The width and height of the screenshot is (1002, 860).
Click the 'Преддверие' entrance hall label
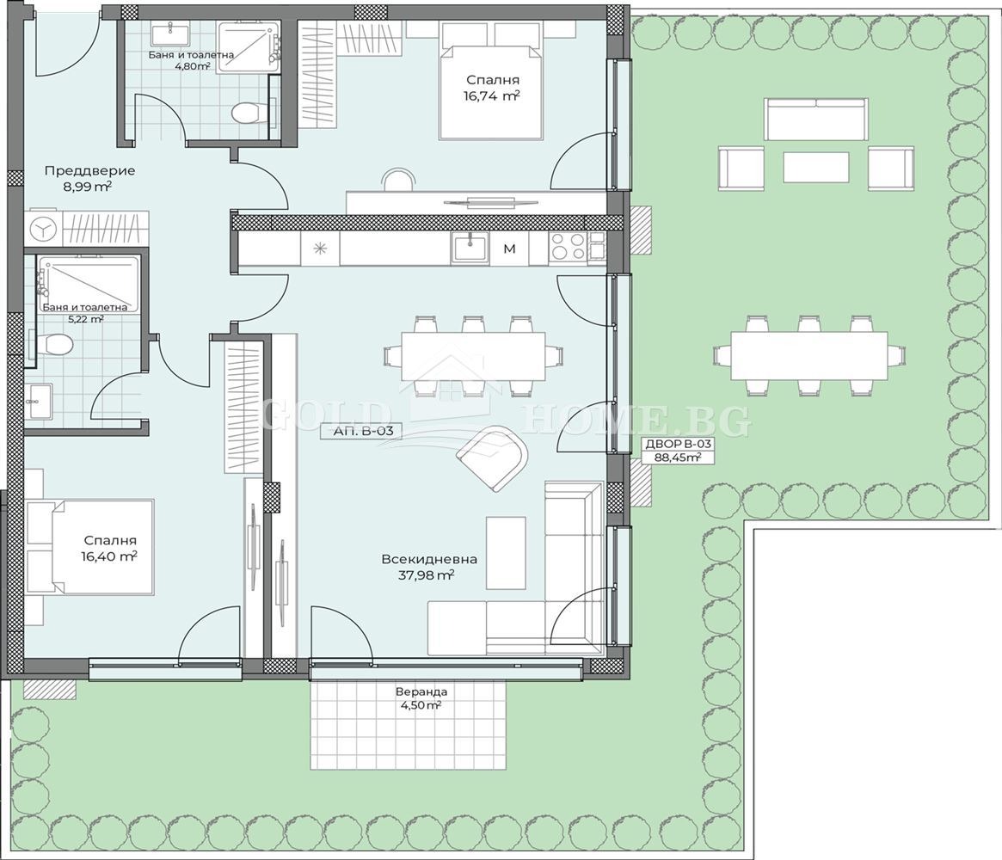[89, 170]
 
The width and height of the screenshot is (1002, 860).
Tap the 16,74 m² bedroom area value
[492, 95]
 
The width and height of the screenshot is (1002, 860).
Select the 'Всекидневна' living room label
[429, 559]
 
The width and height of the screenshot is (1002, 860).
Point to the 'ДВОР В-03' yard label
[678, 444]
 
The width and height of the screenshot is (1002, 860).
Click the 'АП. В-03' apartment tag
[363, 431]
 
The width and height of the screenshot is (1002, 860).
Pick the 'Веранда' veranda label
[421, 691]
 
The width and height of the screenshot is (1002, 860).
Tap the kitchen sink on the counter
[470, 247]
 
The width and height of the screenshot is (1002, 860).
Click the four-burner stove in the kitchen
[568, 247]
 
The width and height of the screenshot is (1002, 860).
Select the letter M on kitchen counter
[509, 249]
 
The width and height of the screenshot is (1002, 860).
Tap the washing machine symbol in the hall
[44, 229]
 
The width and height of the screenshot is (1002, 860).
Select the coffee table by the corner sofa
[506, 553]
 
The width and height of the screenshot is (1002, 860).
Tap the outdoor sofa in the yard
[816, 119]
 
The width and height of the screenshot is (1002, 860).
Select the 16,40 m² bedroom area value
[109, 556]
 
